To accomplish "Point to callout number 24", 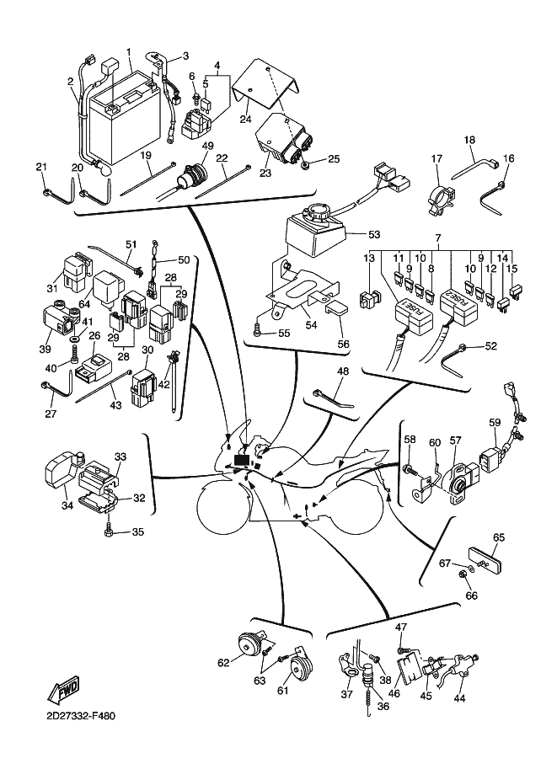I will pos(245,120).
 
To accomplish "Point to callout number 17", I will pos(437,158).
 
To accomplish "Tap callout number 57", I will pos(455,440).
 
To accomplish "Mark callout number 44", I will pos(459,698).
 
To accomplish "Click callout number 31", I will pos(52,288).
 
